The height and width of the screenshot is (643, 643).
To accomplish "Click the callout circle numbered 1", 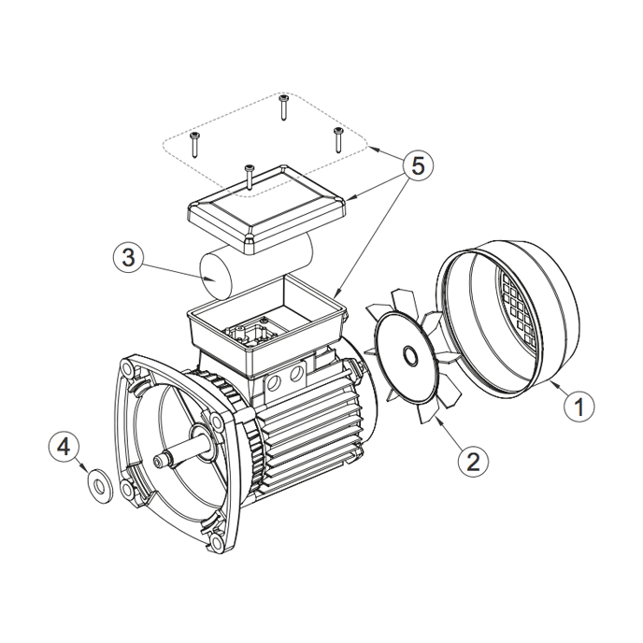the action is point(579,406).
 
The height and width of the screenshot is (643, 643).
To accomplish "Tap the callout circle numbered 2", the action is point(473,462).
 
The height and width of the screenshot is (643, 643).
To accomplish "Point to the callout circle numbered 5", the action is point(418,166).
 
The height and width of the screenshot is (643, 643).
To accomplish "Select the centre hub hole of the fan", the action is point(409,354).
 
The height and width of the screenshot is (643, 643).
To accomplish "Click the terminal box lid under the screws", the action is point(266,209).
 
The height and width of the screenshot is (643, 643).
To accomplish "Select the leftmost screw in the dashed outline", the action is point(194,145).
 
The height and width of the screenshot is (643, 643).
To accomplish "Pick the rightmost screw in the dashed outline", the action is point(338,140).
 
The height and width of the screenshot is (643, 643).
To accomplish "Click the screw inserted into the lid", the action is point(249,177).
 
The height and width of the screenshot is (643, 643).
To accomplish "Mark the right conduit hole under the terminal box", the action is point(296,374).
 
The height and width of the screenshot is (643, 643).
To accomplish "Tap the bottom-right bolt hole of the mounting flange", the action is point(217,544).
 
